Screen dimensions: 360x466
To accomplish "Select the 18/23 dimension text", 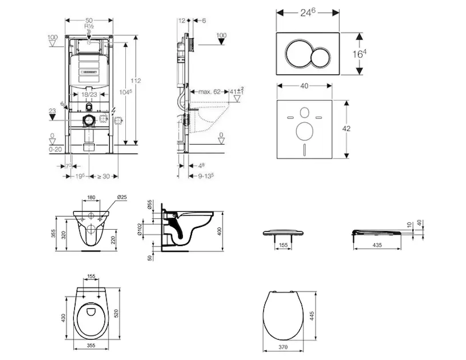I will pos(89,94).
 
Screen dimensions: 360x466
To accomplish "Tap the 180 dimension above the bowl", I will pos(91,197).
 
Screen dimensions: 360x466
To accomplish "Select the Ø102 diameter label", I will pos(154,231).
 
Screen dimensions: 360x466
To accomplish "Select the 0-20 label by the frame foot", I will pos(56,148).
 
